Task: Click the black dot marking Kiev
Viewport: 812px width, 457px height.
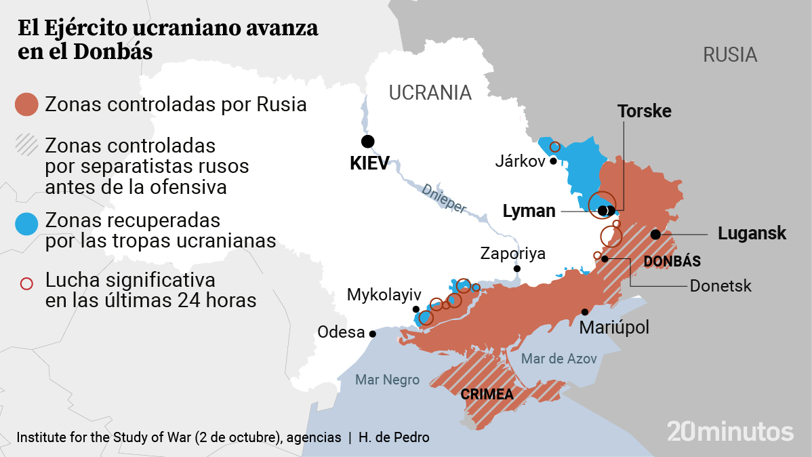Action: (367, 141)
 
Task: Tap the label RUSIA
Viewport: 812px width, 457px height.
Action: (729, 54)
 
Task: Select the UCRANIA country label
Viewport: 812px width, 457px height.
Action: (430, 93)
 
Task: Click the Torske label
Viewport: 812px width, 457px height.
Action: (644, 111)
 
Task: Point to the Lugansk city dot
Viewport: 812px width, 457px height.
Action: (655, 234)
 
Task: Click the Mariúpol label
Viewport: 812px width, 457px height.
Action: (614, 327)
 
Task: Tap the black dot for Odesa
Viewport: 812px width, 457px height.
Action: (372, 334)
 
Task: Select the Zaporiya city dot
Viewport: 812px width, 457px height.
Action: (517, 269)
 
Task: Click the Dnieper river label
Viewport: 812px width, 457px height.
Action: (444, 199)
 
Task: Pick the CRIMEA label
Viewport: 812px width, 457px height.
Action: (487, 394)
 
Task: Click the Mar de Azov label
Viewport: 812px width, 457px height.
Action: (559, 358)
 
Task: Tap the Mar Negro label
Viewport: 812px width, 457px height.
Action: (387, 380)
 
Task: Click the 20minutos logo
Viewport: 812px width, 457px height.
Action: (729, 431)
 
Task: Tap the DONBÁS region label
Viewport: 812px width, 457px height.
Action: (672, 261)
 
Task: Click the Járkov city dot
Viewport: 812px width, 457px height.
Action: (553, 161)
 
